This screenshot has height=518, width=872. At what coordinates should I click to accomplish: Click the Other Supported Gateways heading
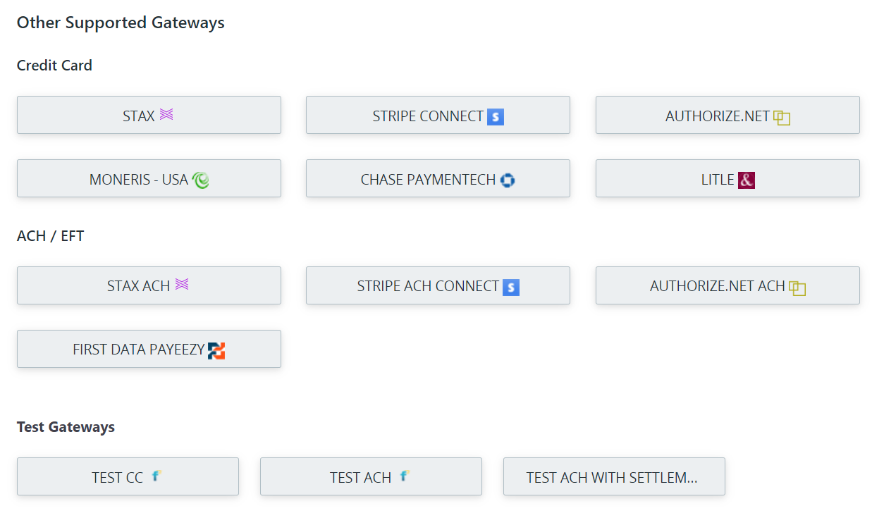pos(121,23)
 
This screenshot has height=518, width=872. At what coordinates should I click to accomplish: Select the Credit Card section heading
pos(54,66)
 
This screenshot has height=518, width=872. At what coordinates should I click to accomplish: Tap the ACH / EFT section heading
pos(50,236)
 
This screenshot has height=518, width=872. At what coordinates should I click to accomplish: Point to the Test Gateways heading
pos(66,427)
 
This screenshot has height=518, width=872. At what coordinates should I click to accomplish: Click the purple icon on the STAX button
pos(166,114)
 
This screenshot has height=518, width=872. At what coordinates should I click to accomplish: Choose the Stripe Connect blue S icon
pos(496,117)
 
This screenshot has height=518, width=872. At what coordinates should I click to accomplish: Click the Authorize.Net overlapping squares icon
pos(782,118)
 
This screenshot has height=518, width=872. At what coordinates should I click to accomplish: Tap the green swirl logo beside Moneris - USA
pos(200,180)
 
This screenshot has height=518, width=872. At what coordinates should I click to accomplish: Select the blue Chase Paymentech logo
pos(508,180)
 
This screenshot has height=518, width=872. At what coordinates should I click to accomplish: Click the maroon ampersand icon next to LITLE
pos(747,180)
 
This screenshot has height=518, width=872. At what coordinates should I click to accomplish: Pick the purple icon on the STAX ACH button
pos(182,284)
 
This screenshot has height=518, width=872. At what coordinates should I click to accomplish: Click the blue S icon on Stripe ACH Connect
pos(511,288)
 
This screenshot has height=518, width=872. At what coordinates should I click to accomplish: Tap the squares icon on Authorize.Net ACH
pos(797,288)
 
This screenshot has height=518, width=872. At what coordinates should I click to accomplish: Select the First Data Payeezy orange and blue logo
pos(216,351)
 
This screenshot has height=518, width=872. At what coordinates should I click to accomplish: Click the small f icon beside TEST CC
pos(156,476)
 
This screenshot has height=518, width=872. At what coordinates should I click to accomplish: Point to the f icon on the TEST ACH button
pos(405,476)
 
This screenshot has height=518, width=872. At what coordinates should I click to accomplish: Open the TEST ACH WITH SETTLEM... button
pos(614,476)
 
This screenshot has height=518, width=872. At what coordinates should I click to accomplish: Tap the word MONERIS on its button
pos(120,180)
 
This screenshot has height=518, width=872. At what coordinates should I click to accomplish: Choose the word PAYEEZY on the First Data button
pos(177,350)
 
